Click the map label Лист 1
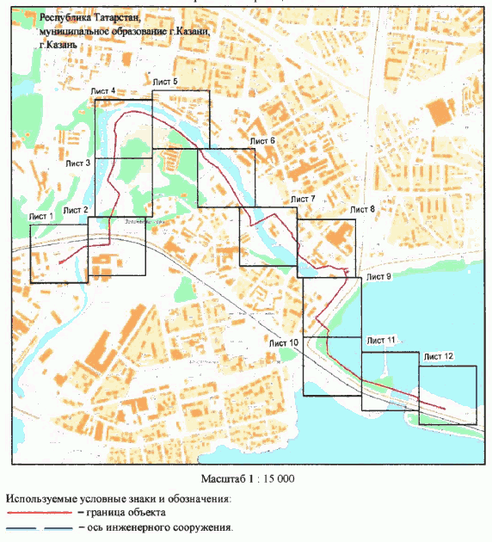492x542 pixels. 42,216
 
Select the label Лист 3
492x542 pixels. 77,162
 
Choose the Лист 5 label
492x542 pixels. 165,81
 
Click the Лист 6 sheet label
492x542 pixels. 262,139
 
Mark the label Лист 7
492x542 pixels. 303,199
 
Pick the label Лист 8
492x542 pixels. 362,209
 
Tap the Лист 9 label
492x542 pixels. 378,277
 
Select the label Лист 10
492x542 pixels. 284,343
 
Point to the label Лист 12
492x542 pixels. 439,355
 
